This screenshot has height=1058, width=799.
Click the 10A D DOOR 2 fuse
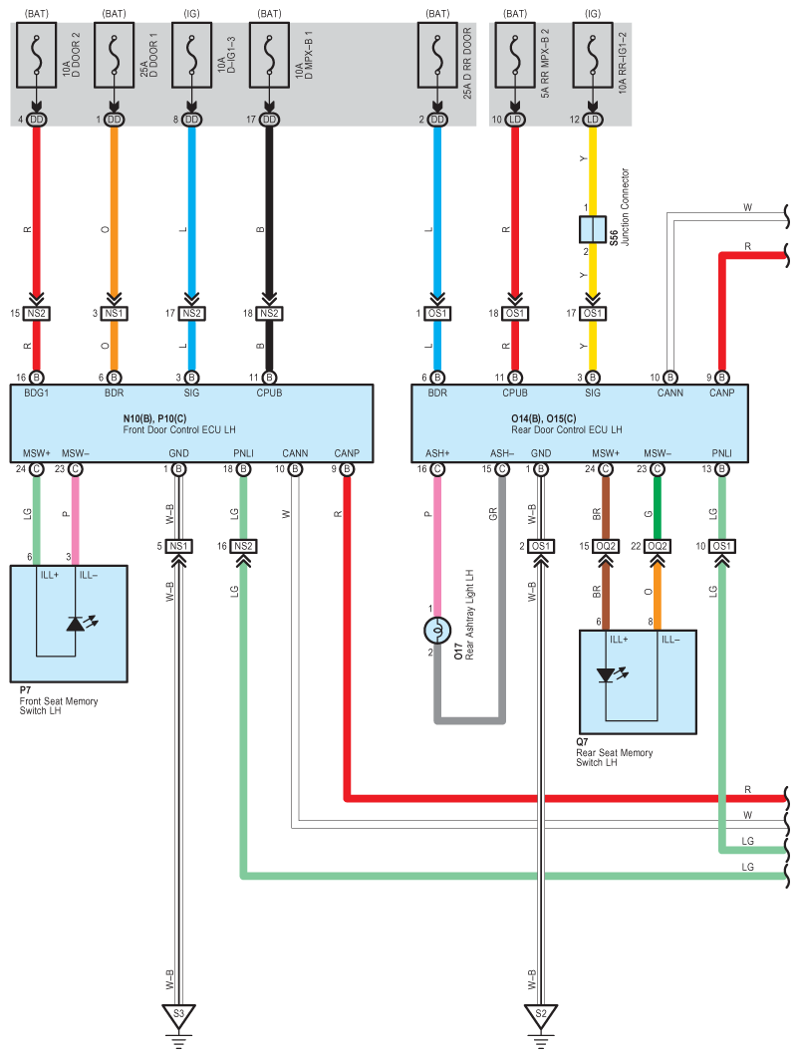tap(37, 56)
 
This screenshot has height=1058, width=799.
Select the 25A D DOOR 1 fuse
tap(114, 56)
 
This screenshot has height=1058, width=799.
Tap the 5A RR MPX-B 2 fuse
tap(515, 56)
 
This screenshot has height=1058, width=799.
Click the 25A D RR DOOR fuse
tap(437, 56)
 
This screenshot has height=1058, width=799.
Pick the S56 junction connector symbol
tap(593, 229)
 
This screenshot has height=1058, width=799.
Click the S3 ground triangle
tap(178, 1015)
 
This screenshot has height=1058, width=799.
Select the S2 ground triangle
tap(541, 1015)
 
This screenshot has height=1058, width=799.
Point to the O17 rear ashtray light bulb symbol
tap(437, 631)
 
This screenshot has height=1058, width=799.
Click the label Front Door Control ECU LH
tap(179, 429)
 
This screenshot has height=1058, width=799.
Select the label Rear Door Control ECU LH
tap(566, 429)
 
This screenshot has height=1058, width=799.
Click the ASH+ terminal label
tap(437, 453)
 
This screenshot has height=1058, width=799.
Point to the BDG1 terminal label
tap(37, 393)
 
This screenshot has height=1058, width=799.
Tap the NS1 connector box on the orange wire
tap(114, 313)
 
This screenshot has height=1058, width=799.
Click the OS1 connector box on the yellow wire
tap(593, 313)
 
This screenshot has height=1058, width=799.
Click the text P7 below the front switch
tap(25, 691)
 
